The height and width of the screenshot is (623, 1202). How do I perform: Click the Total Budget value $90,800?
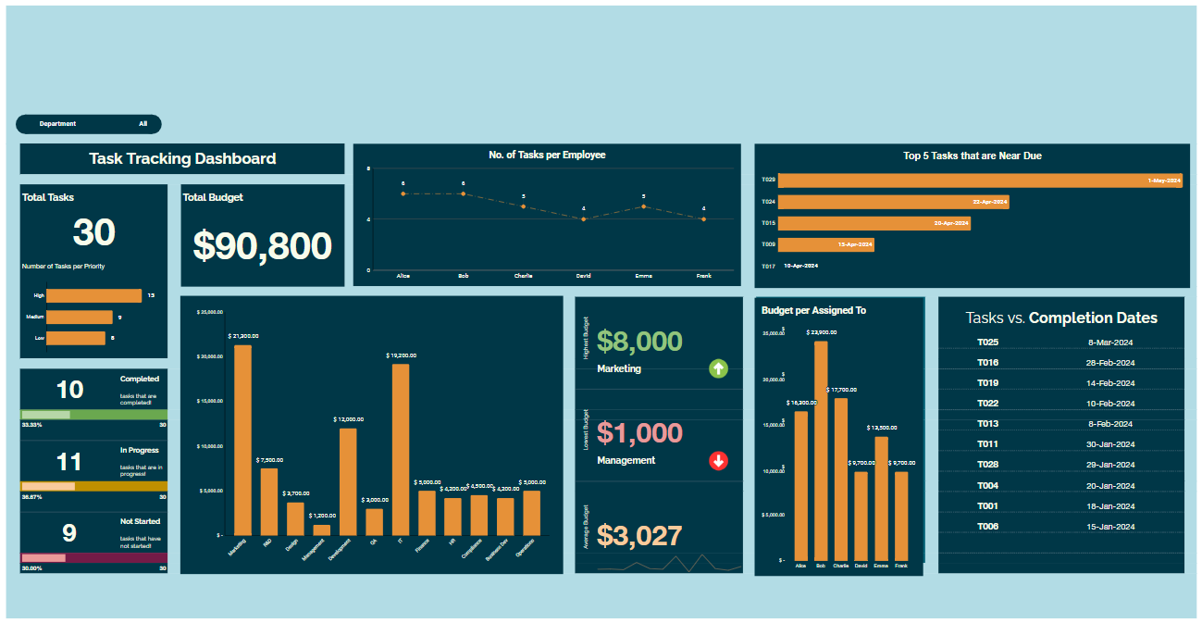point(262,246)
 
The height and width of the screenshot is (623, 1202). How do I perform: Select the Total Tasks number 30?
point(93,232)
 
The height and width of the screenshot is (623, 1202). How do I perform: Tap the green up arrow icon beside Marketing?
point(718,368)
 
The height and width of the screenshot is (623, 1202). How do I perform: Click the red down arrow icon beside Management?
point(718,460)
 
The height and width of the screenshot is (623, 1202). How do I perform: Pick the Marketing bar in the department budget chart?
point(242,440)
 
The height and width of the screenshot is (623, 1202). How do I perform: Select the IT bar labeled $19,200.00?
point(401,449)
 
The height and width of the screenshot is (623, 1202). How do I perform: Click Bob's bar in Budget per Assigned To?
point(821,450)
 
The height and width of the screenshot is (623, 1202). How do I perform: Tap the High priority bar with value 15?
point(93,295)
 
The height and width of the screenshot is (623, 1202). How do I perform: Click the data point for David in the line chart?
point(583,218)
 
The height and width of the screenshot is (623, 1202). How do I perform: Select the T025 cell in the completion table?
point(987,342)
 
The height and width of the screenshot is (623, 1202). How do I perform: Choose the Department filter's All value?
point(143,123)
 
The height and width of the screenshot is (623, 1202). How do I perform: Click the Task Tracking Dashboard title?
point(182,158)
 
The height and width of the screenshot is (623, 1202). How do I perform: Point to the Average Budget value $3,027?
point(639,535)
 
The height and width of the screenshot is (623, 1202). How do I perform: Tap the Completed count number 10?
point(70,389)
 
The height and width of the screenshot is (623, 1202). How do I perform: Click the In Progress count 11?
point(70,461)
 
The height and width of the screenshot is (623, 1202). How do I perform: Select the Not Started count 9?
point(69,533)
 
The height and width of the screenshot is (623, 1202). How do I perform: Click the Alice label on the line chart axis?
point(403,276)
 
